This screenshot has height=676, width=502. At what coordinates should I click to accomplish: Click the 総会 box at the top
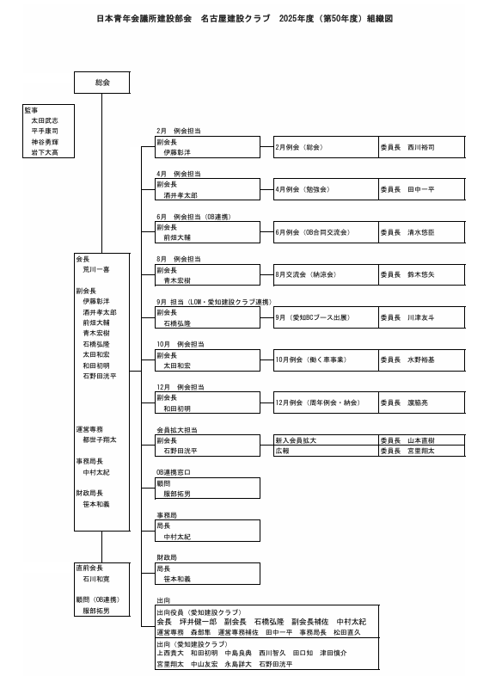coord(102,83)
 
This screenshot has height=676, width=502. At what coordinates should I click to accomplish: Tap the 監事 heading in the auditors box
coord(31,110)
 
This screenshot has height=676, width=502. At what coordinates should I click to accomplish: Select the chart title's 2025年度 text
coord(297,19)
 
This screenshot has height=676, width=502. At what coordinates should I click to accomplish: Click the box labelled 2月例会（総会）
coord(326,147)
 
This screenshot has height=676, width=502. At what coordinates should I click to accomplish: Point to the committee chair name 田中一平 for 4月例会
coord(421,189)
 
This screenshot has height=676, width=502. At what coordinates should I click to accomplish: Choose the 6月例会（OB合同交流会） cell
coord(326,232)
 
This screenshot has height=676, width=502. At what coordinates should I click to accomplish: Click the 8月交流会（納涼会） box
coord(326,274)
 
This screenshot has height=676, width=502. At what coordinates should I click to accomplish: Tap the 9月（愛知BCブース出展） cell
coord(326,317)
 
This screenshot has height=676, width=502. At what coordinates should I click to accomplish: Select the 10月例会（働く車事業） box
coord(326,360)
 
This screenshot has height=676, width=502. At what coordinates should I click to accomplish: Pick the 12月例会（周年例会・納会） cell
coord(326,403)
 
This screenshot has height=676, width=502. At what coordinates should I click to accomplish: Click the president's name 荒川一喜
coord(96,269)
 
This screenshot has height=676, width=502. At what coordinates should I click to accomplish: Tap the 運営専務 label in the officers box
coord(89,429)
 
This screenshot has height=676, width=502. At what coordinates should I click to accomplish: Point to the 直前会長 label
coord(89,568)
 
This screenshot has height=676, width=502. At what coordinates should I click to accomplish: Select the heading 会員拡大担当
coord(177,430)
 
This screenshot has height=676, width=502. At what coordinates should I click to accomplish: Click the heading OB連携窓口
coord(174,472)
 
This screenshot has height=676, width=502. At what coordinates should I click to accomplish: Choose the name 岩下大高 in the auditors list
coord(45,152)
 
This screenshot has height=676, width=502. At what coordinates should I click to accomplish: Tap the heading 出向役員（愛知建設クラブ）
coord(199,612)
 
